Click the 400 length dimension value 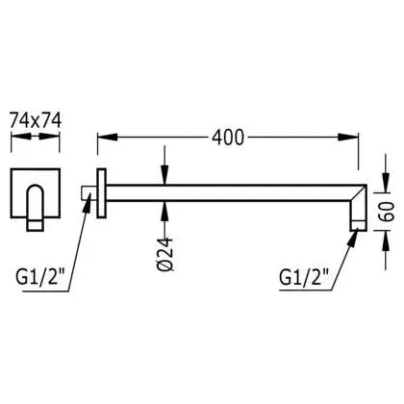click(x=228, y=138)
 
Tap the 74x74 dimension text click(x=36, y=120)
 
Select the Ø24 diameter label click(x=165, y=254)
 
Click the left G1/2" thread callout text click(x=40, y=277)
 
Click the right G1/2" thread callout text click(x=304, y=277)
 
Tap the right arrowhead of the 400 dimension click(x=348, y=137)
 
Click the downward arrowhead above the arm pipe click(x=164, y=175)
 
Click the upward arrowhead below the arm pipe click(x=164, y=211)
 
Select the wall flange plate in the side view click(x=101, y=193)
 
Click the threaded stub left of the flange click(x=88, y=193)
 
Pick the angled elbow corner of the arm click(x=359, y=193)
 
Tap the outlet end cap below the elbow click(x=359, y=225)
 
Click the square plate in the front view click(x=36, y=193)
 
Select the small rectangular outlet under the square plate click(x=36, y=225)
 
